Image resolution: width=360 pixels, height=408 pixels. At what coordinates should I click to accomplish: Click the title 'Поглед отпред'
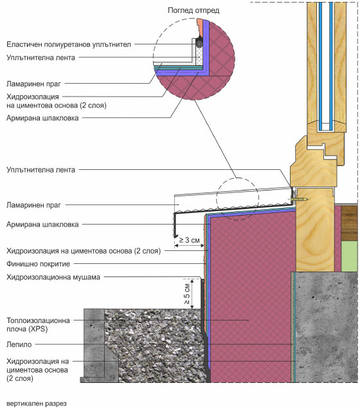pyautogui.click(x=194, y=10)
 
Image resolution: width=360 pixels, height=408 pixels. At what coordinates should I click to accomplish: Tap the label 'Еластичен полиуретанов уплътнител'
pyautogui.click(x=69, y=44)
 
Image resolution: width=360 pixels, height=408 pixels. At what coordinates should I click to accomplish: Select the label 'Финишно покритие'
pyautogui.click(x=38, y=264)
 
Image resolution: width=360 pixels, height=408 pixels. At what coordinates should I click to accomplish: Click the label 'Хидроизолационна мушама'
pyautogui.click(x=53, y=277)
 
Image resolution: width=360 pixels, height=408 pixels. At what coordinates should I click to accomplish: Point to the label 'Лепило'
pyautogui.click(x=19, y=344)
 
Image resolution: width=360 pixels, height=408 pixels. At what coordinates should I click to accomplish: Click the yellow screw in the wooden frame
pyautogui.click(x=299, y=199)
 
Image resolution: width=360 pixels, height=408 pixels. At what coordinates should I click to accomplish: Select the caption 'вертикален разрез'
pyautogui.click(x=37, y=403)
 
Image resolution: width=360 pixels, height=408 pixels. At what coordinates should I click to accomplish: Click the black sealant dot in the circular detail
pyautogui.click(x=199, y=44)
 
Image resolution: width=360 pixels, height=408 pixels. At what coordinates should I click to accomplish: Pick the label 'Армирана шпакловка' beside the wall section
pyautogui.click(x=42, y=225)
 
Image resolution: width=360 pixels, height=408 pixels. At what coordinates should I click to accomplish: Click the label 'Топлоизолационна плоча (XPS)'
pyautogui.click(x=38, y=324)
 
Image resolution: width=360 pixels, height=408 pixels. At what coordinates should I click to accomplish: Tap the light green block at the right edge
pyautogui.click(x=349, y=256)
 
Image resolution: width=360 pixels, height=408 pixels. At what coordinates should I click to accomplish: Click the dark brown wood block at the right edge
pyautogui.click(x=349, y=223)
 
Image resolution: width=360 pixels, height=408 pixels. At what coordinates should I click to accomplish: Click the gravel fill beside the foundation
pyautogui.click(x=154, y=346)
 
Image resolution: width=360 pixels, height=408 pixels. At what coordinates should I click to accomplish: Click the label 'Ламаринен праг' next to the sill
pyautogui.click(x=33, y=205)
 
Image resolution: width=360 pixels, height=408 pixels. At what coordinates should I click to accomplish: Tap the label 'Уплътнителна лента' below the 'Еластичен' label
pyautogui.click(x=40, y=57)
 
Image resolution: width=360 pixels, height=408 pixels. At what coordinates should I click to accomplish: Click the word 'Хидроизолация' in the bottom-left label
pyautogui.click(x=33, y=361)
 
